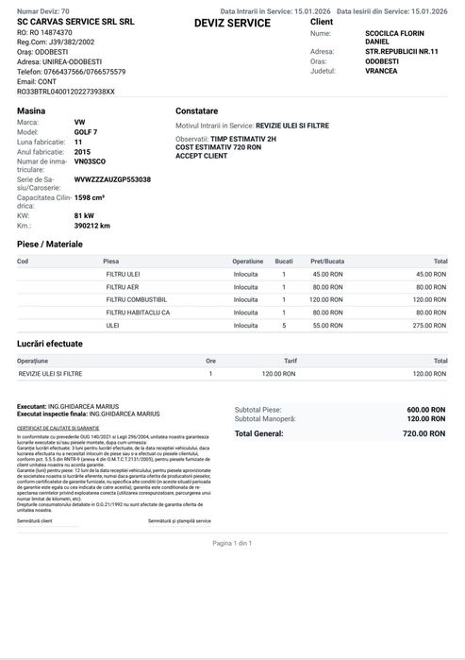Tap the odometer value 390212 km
click(x=92, y=227)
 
